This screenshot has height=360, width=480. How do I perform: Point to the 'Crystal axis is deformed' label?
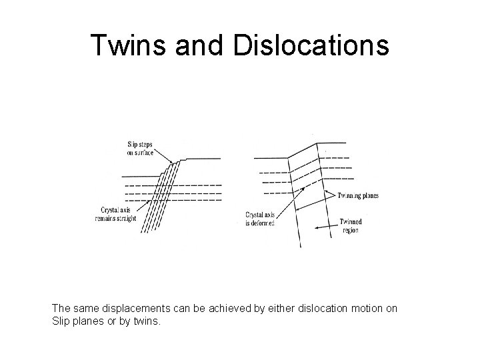261,219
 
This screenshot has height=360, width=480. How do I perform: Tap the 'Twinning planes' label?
358,196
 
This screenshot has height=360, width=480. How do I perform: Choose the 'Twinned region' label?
351,227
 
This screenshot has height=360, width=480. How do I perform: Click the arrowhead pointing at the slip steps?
172,162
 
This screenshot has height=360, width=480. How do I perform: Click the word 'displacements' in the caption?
125,309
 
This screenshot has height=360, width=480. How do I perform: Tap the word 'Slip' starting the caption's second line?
60,321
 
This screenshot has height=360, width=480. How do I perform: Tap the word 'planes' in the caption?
87,321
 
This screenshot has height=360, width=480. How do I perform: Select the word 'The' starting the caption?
60,309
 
